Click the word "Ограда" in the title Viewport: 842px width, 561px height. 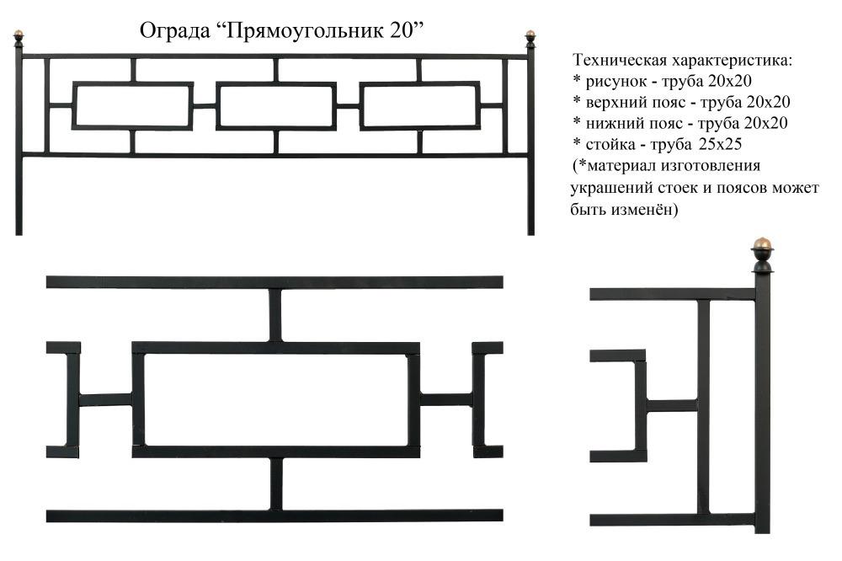click(175, 31)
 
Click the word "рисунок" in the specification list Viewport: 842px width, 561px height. click(616, 83)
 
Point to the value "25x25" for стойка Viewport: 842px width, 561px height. click(720, 144)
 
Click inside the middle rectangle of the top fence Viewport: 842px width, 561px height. click(276, 106)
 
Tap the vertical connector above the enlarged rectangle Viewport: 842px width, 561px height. click(275, 315)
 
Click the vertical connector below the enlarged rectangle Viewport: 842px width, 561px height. click(275, 484)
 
